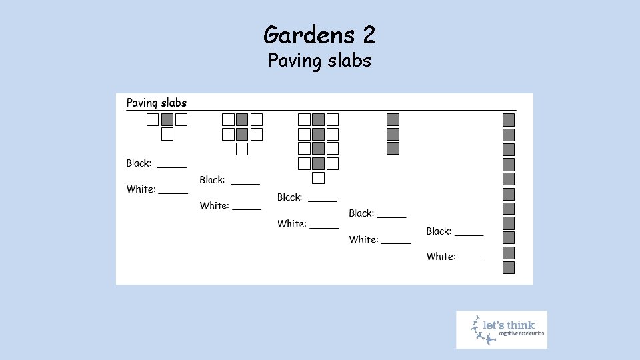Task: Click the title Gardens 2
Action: point(319,34)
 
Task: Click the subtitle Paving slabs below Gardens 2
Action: point(319,61)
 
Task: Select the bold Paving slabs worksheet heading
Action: point(157,103)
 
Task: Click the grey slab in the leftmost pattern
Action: point(167,120)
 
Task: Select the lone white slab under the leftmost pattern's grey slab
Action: point(167,135)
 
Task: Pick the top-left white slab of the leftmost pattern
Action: point(153,120)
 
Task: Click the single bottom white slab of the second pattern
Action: point(242,149)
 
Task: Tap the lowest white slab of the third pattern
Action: point(319,178)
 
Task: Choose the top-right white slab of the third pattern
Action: point(333,120)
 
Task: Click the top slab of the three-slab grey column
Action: point(393,120)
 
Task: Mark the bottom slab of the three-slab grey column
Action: point(393,149)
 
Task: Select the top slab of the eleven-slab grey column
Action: point(509,120)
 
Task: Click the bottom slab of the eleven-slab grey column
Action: point(509,268)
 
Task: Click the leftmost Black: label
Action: point(139,163)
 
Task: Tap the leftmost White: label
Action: point(141,189)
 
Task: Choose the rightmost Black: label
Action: point(439,231)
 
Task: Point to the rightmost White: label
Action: point(441,257)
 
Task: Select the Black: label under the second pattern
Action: point(212,180)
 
